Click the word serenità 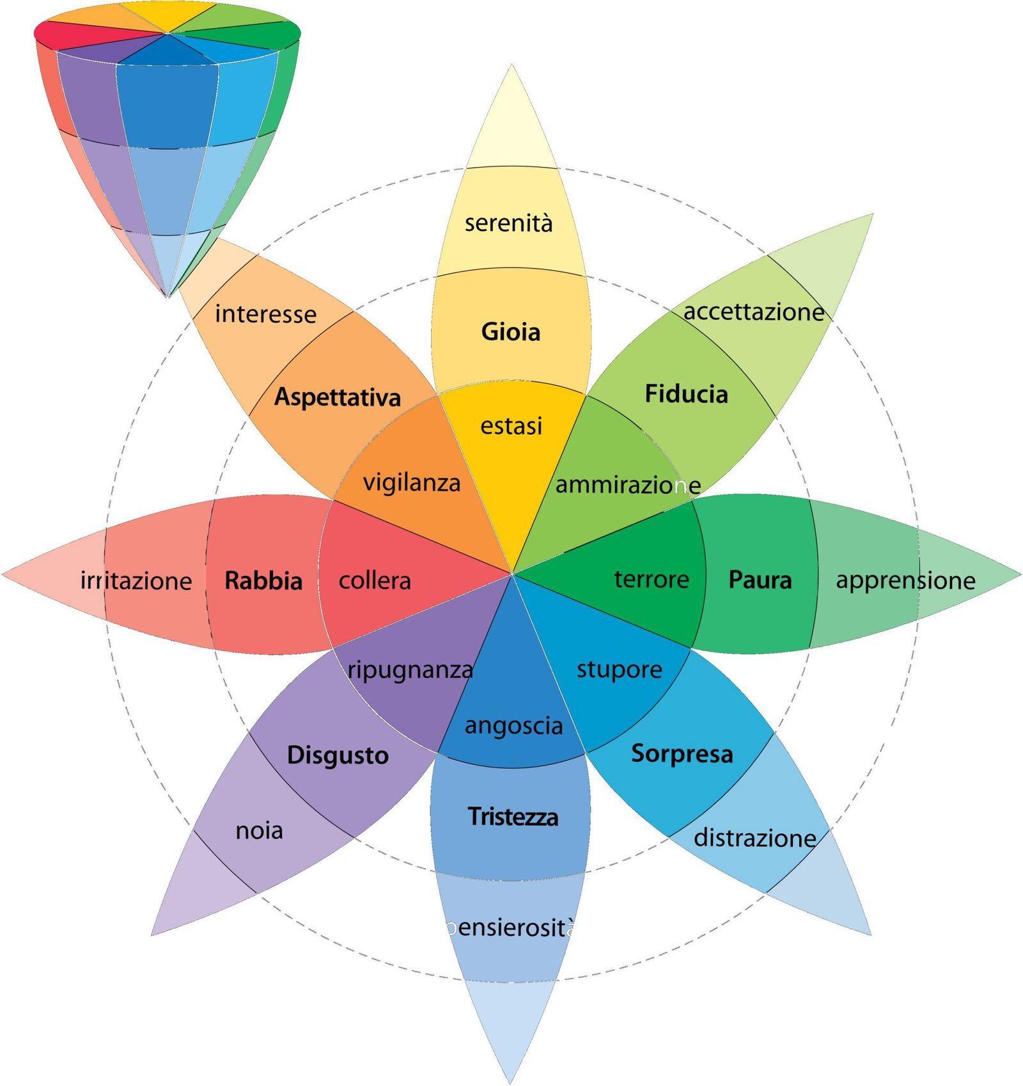(x=508, y=223)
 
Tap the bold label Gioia (x=510, y=332)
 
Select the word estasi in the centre (x=511, y=426)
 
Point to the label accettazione (x=754, y=312)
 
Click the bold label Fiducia (x=686, y=394)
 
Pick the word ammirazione (x=628, y=485)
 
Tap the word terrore (x=652, y=579)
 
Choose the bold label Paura (x=760, y=580)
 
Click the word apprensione (x=905, y=580)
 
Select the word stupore (x=619, y=670)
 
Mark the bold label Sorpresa (x=682, y=753)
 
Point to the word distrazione (x=754, y=837)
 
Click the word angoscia (x=513, y=726)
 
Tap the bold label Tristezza (x=513, y=817)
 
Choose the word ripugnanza (x=410, y=670)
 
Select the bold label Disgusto (x=338, y=755)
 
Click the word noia (x=259, y=830)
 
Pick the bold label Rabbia (x=263, y=581)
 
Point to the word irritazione (x=136, y=581)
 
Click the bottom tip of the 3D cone (x=168, y=296)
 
